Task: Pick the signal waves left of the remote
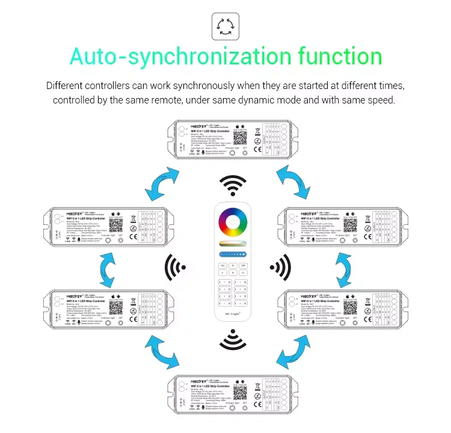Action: point(176,264)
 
